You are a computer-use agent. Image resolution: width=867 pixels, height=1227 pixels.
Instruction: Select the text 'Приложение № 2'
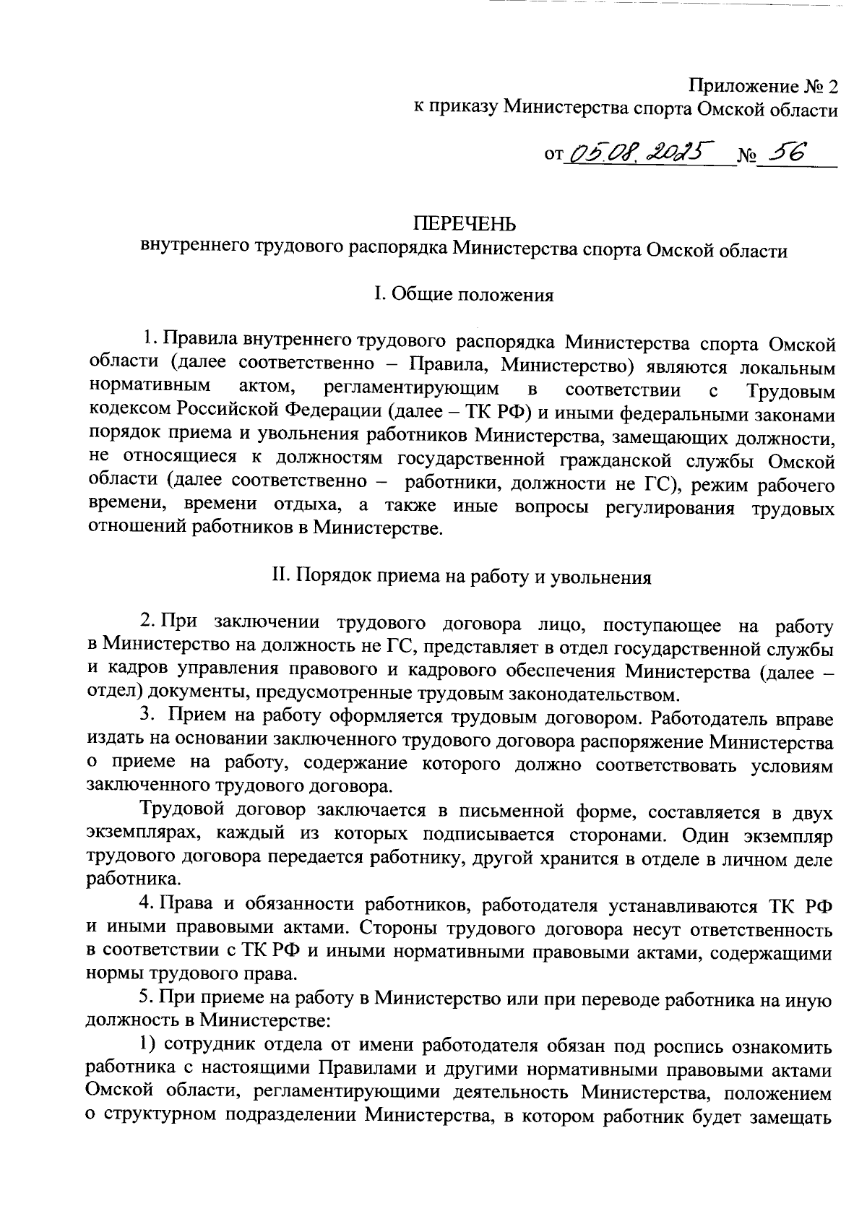pyautogui.click(x=764, y=87)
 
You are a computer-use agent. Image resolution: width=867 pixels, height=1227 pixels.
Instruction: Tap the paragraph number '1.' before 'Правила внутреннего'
pyautogui.click(x=148, y=338)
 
